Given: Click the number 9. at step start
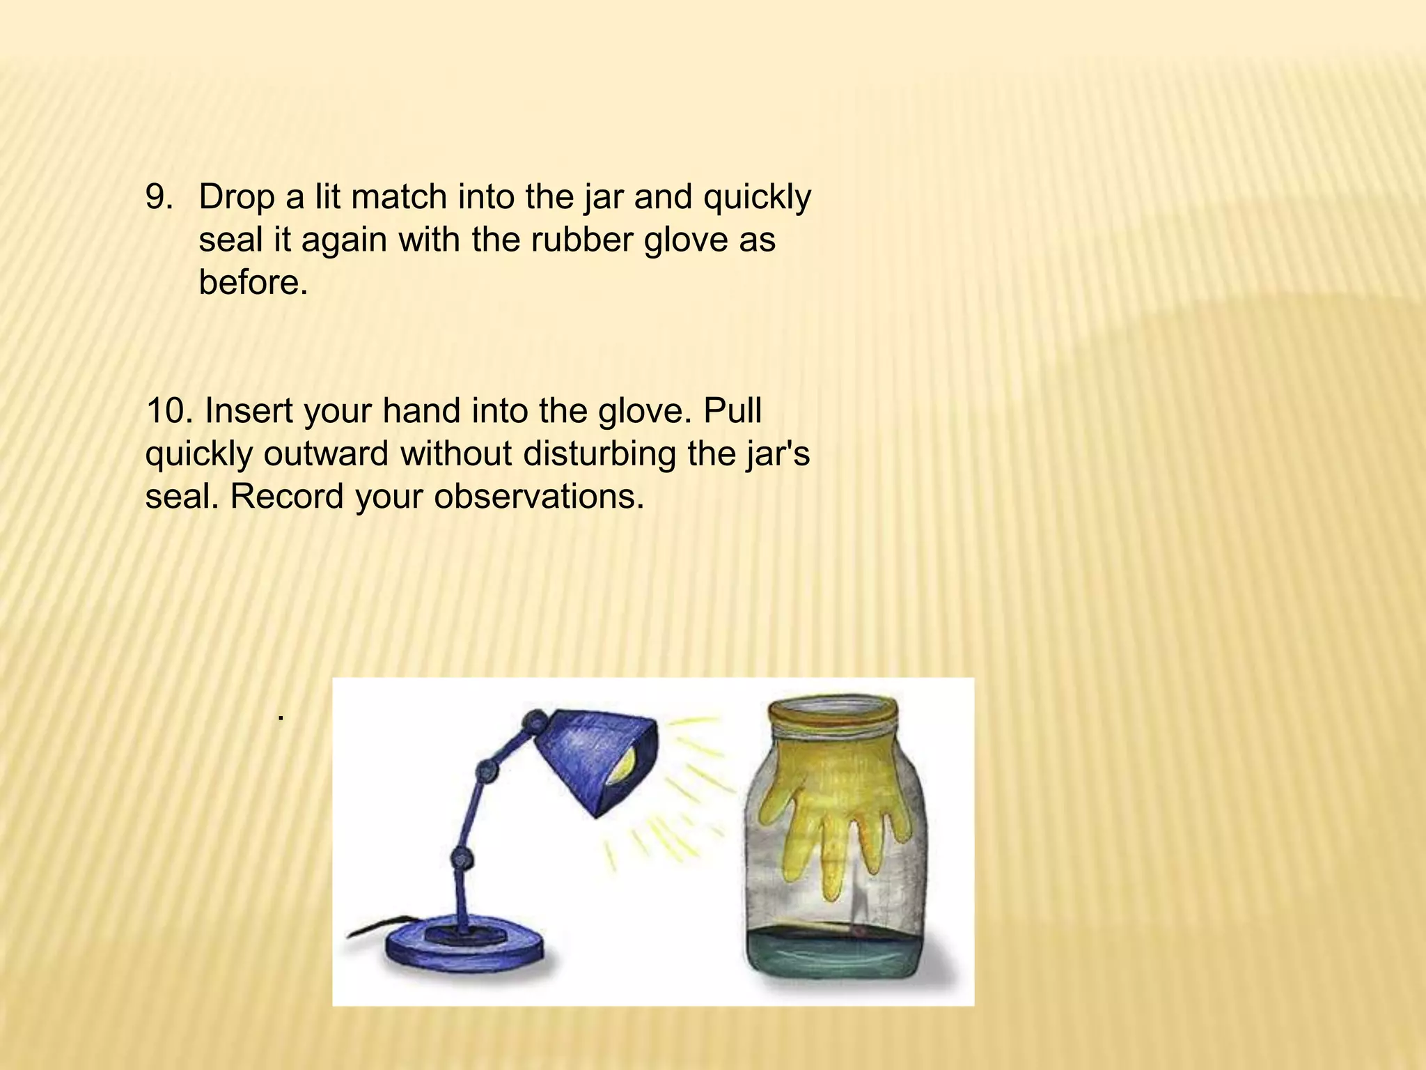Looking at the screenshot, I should click(159, 198).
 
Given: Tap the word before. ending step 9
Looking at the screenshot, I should click(253, 283).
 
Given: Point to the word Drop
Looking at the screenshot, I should click(237, 198).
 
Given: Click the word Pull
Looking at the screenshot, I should click(732, 411).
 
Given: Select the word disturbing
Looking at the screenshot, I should click(600, 454).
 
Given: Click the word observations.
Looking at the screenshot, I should click(539, 497).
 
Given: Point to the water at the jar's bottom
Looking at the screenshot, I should click(836, 954).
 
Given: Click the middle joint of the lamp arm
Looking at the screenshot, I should click(486, 769).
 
